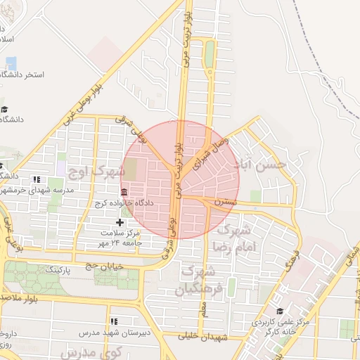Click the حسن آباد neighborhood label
(262, 164)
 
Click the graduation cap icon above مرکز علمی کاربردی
(280, 310)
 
